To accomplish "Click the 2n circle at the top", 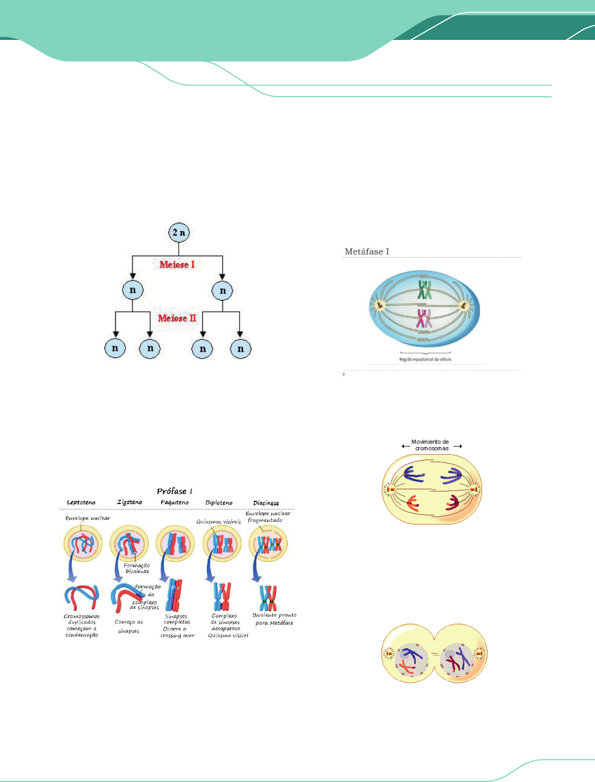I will click(179, 233).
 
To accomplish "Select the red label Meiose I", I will click(177, 265).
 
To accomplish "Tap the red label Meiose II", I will click(177, 318).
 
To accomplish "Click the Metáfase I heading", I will click(367, 251).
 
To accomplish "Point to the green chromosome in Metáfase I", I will click(424, 290).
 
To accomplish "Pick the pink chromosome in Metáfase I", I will click(423, 319).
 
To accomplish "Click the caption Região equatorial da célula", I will click(425, 360).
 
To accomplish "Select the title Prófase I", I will click(175, 491).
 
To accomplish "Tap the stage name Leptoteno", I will click(81, 502).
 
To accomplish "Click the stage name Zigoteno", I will click(130, 502).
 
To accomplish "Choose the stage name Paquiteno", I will click(175, 502).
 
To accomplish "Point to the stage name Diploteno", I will click(219, 503).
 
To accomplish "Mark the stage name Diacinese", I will click(266, 503).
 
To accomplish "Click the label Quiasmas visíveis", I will click(219, 522).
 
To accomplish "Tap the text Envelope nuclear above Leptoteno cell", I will click(88, 518).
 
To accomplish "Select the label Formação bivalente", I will click(137, 568).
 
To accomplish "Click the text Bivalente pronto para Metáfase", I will click(274, 619).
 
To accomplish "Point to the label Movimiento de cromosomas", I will click(431, 445).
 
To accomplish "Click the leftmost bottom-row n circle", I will click(115, 349).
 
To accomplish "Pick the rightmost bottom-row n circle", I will click(241, 349).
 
